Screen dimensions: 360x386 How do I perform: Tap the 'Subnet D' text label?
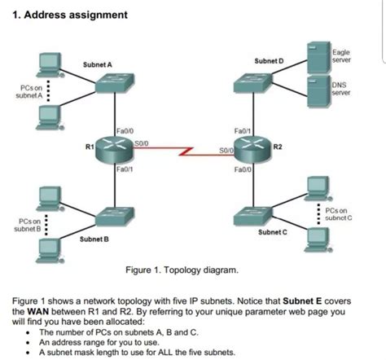[x=270, y=61]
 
